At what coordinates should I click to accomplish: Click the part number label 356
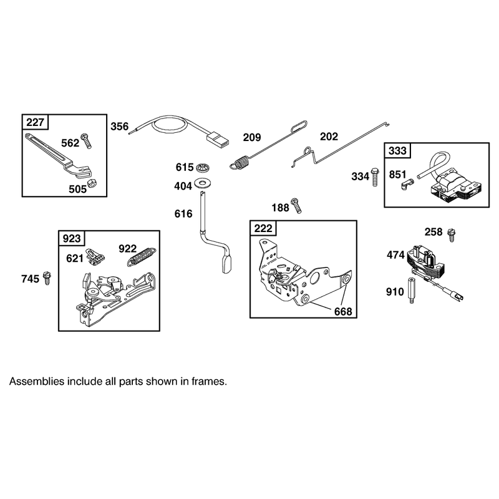[119, 127]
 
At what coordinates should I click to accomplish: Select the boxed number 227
[35, 122]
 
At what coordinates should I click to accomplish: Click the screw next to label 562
[86, 141]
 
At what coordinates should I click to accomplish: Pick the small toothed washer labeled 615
[202, 167]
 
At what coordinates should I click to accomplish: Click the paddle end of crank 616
[227, 264]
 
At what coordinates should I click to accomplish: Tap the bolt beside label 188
[296, 205]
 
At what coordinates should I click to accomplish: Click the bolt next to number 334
[375, 177]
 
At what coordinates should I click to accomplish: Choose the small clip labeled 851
[407, 184]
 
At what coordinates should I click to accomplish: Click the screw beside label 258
[451, 235]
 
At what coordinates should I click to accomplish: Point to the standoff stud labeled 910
[412, 291]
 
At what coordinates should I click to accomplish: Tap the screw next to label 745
[47, 278]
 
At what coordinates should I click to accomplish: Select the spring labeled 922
[142, 256]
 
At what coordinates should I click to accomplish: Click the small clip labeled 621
[95, 256]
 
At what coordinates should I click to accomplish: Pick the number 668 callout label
[343, 311]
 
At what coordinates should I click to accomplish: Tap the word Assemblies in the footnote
[37, 381]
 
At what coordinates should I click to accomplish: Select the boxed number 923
[72, 238]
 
